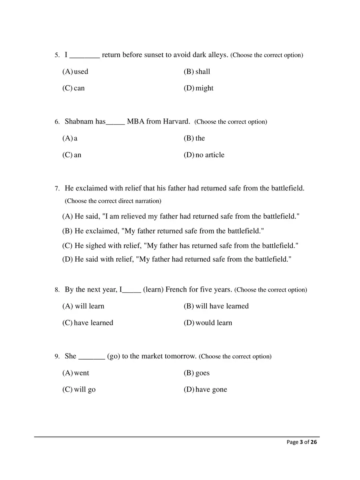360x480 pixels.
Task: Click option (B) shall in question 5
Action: click(197, 72)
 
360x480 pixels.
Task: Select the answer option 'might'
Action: click(199, 88)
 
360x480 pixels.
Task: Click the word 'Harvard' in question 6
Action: click(176, 121)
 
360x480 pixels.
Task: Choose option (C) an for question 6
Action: click(72, 155)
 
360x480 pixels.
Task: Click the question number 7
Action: click(57, 188)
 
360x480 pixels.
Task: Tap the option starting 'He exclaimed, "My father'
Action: click(163, 231)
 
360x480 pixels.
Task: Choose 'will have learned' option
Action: click(216, 306)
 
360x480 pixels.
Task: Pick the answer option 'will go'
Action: click(79, 390)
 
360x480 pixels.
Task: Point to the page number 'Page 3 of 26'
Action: click(302, 442)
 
